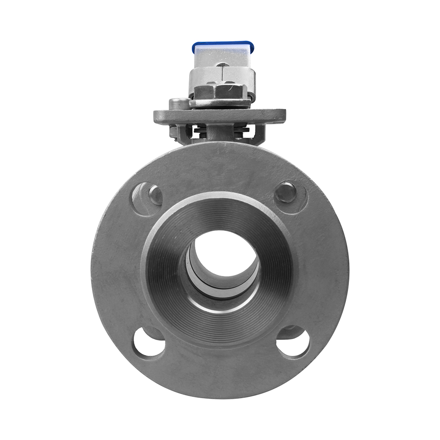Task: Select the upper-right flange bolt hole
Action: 290,194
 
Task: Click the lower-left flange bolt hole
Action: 149,344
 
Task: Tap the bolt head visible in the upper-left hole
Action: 155,195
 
